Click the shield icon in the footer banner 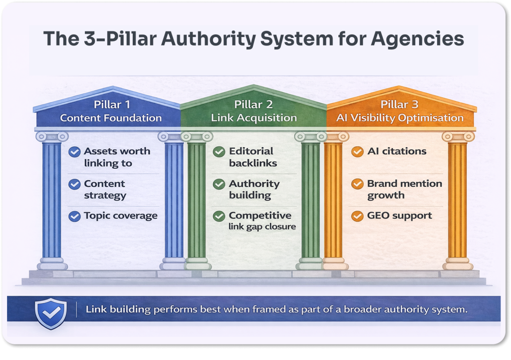click(x=51, y=313)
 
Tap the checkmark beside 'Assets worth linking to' click(x=74, y=152)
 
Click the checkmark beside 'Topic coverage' click(x=74, y=216)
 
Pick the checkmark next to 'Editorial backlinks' click(x=219, y=152)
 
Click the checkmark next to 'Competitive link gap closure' click(x=219, y=216)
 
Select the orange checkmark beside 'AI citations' click(x=357, y=152)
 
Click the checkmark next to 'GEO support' click(x=357, y=216)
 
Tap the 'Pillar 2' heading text click(x=254, y=105)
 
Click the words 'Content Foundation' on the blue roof click(x=111, y=118)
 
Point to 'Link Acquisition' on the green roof click(x=254, y=118)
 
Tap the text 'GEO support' click(x=399, y=216)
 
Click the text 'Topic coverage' click(x=120, y=216)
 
